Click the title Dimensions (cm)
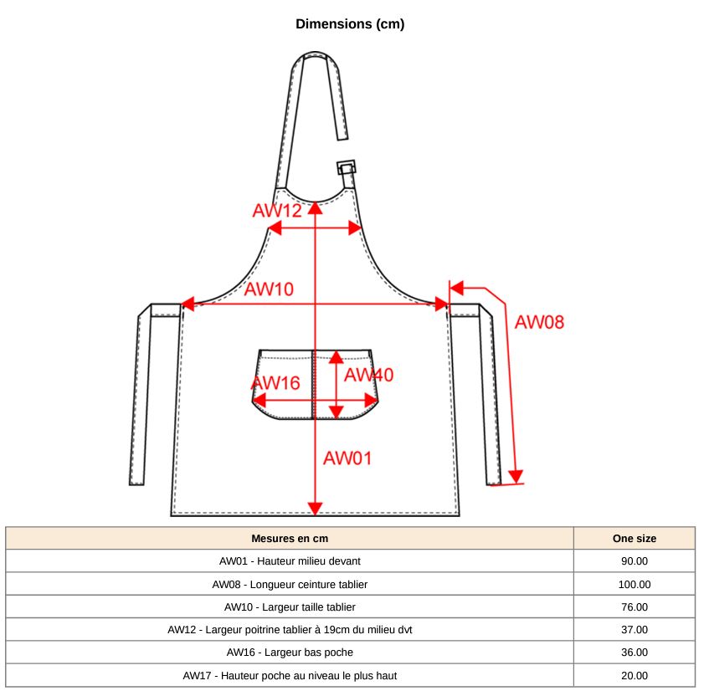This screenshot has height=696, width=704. tap(350, 24)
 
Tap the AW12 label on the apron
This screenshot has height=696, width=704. tap(276, 210)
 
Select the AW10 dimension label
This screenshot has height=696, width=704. tap(269, 289)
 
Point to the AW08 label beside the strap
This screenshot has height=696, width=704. tap(539, 321)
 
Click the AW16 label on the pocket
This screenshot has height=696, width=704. tap(275, 383)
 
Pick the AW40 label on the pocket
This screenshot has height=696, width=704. tap(368, 375)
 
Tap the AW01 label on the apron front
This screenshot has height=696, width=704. tap(347, 458)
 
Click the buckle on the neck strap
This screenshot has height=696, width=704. tap(347, 167)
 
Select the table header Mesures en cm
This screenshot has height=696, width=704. tap(290, 538)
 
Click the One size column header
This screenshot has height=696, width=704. tap(634, 538)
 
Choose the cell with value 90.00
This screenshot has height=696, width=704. tap(634, 561)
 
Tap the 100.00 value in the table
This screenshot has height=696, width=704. tap(634, 584)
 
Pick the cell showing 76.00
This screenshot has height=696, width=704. tap(634, 606)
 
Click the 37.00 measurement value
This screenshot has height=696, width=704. tap(634, 629)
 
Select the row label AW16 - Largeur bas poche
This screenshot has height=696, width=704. tap(290, 652)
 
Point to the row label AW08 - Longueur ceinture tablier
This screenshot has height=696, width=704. tap(290, 584)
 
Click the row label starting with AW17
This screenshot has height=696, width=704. tap(290, 675)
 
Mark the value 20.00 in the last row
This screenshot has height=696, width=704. tap(634, 675)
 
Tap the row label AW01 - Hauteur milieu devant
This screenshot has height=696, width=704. tap(290, 561)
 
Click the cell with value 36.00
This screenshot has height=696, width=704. tap(634, 652)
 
